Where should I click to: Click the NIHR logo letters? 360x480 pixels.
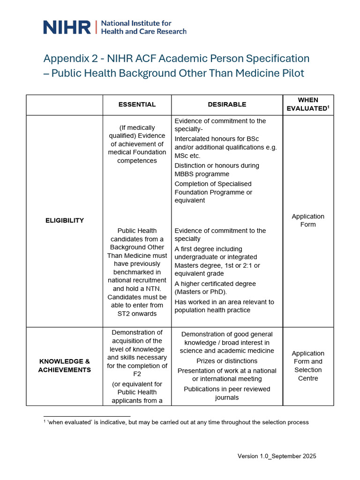click(x=67, y=27)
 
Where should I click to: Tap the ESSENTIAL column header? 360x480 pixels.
click(x=137, y=105)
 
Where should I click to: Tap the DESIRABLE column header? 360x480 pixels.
click(x=227, y=105)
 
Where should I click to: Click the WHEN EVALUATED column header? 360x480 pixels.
click(x=308, y=104)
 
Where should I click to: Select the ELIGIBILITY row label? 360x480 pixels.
click(x=65, y=220)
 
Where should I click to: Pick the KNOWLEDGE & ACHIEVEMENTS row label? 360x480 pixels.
click(x=65, y=366)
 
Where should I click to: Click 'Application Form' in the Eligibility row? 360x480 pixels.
click(x=308, y=220)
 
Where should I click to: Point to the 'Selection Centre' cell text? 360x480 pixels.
click(x=308, y=374)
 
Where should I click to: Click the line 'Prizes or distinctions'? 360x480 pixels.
click(x=227, y=361)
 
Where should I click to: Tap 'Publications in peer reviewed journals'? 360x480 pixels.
click(x=227, y=393)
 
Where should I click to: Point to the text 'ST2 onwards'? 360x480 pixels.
click(x=137, y=314)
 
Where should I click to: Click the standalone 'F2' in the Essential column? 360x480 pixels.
click(x=137, y=374)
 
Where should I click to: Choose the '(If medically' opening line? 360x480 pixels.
click(x=137, y=127)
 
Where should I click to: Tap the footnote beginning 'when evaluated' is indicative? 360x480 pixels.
click(x=178, y=422)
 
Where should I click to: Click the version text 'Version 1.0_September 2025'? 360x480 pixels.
click(x=277, y=456)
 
